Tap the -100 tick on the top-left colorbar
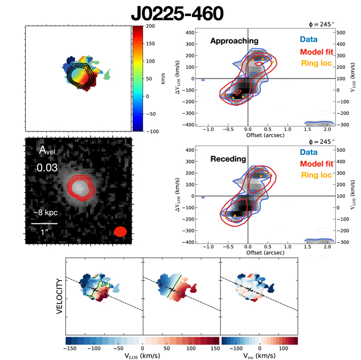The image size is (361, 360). [x=153, y=131]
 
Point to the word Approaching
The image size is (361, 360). [x=234, y=41]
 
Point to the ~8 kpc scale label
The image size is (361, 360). [x=44, y=213]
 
